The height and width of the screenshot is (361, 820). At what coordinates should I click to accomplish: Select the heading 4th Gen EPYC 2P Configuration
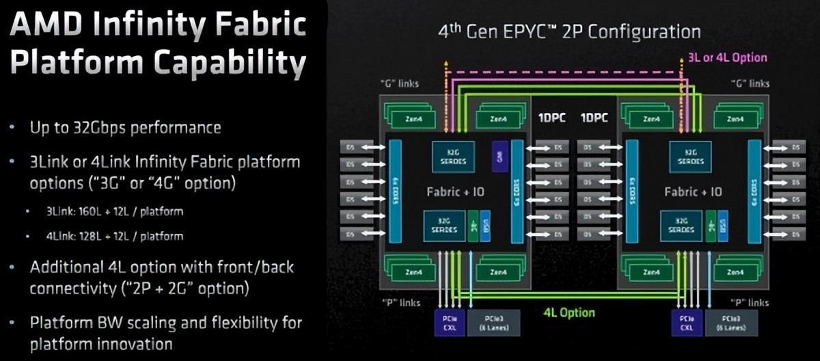click(569, 31)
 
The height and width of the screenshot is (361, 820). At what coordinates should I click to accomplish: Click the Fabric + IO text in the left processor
click(455, 192)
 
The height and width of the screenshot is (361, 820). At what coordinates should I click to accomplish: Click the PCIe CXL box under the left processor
click(450, 323)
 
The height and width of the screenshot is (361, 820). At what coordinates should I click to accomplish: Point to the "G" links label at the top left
click(400, 83)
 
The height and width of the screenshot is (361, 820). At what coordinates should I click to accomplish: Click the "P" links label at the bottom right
click(749, 302)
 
